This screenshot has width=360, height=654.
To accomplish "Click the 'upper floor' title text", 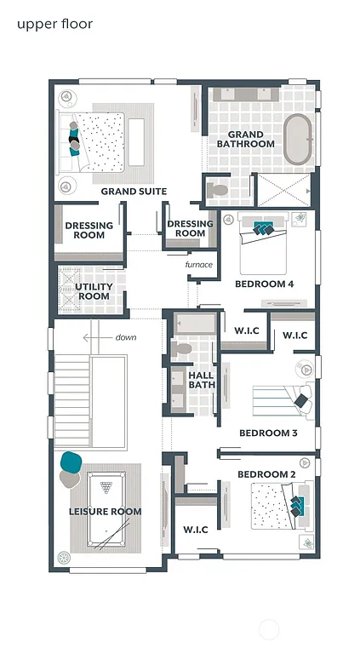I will click(54, 24).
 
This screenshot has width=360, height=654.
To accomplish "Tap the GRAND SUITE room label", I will click(134, 192).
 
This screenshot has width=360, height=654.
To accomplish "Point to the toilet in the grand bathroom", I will click(218, 188).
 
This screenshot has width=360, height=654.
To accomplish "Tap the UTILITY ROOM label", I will click(94, 292).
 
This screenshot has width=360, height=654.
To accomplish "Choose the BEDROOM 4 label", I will click(265, 284).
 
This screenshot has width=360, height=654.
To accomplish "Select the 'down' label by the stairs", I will click(126, 337).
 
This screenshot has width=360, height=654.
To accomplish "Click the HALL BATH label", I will click(202, 380).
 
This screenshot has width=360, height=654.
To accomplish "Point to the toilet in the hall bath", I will click(181, 349).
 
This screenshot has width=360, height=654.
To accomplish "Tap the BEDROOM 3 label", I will click(268, 433).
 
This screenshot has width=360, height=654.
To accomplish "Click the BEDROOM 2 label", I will click(266, 473).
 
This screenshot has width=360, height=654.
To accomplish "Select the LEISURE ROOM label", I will click(105, 512).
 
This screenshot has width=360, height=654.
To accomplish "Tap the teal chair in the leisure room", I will click(71, 462).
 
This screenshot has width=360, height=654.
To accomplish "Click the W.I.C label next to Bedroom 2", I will click(196, 530).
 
